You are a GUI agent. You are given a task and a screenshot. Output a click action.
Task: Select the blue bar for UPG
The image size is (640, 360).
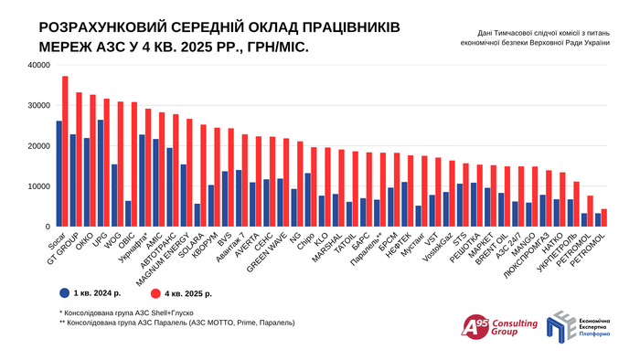pyautogui.click(x=100, y=174)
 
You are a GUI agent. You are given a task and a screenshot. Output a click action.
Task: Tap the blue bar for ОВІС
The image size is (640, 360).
pyautogui.click(x=127, y=214)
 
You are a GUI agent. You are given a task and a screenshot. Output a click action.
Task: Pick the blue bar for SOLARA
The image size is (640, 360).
pyautogui.click(x=197, y=216)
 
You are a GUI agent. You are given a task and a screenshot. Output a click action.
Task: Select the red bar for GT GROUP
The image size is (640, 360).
pyautogui.click(x=79, y=159)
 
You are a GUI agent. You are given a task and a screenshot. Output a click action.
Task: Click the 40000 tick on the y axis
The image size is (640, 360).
pyautogui.click(x=37, y=66)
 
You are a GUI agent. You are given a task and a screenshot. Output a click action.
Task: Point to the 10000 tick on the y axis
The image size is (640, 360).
pyautogui.click(x=37, y=186)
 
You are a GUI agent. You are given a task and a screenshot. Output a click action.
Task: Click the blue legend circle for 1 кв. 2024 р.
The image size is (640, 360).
pyautogui.click(x=64, y=293)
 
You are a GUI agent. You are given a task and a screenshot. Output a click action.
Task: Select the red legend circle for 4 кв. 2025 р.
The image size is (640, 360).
pyautogui.click(x=156, y=293)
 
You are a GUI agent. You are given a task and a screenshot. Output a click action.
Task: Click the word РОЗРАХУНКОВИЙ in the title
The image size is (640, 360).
pyautogui.click(x=105, y=27)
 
